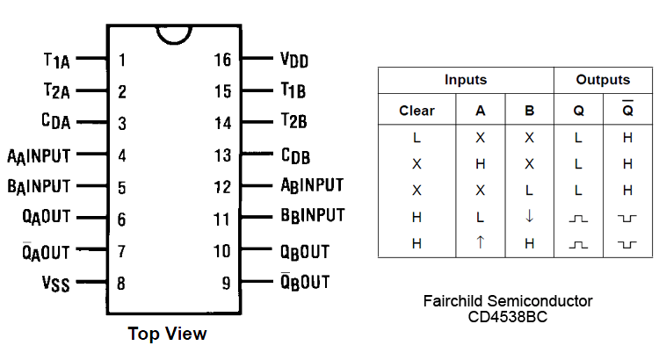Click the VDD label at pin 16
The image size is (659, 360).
[294, 61]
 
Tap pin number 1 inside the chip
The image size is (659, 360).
[122, 61]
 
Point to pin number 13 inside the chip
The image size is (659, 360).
[223, 155]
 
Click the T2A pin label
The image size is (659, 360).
[57, 90]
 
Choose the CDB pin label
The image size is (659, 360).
[295, 156]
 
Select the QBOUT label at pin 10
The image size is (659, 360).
[304, 252]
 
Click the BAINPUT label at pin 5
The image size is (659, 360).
[39, 187]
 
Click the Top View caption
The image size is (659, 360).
[167, 334]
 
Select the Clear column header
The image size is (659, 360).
[416, 111]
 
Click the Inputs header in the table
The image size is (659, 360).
[465, 80]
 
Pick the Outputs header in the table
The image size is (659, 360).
[603, 80]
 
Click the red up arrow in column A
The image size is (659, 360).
[480, 243]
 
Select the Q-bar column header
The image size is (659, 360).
[626, 110]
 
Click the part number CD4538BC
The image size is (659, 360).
[509, 317]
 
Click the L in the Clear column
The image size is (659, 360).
[416, 138]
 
